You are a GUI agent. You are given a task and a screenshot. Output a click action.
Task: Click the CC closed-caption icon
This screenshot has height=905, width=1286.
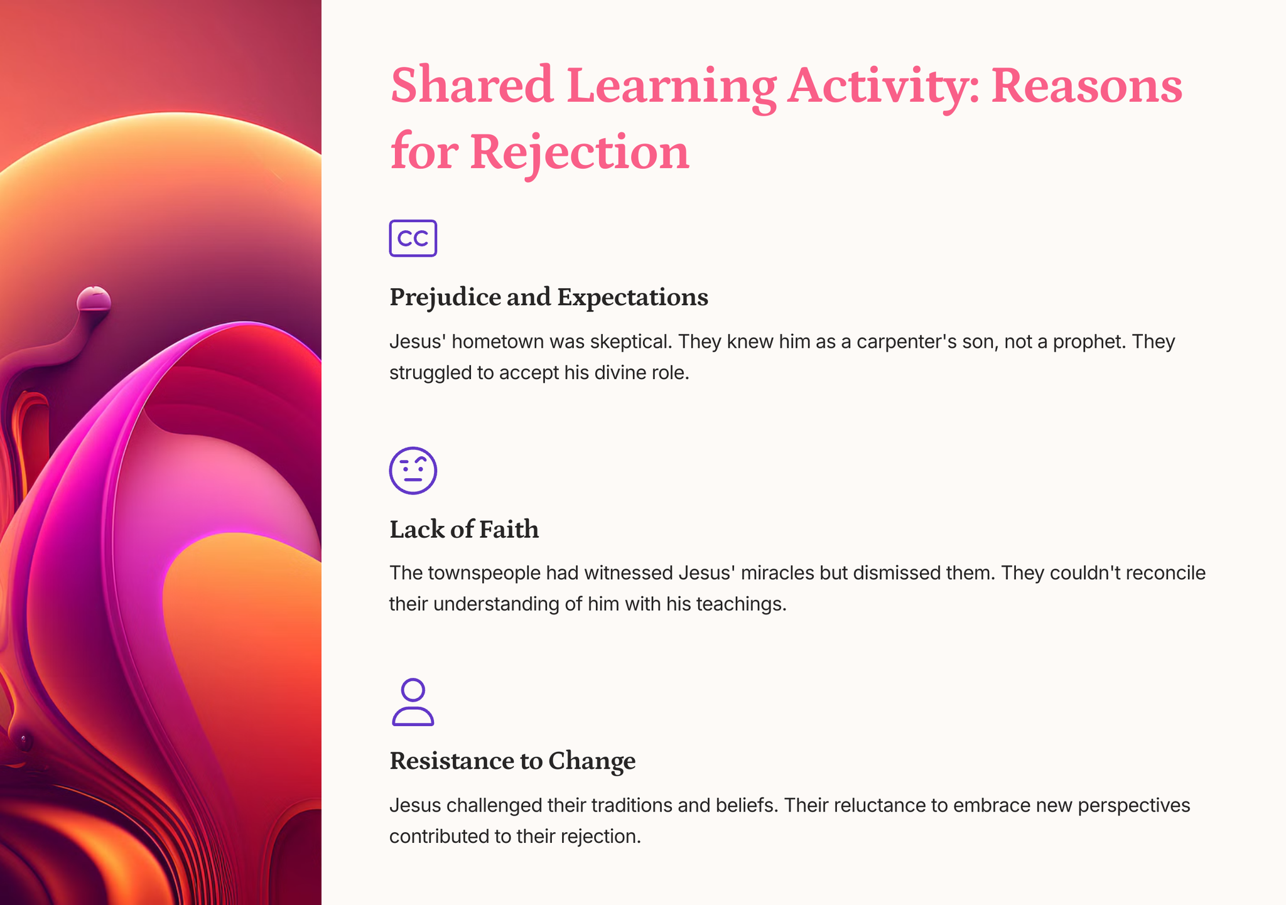413,238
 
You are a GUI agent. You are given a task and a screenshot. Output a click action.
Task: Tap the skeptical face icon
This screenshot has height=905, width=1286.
413,471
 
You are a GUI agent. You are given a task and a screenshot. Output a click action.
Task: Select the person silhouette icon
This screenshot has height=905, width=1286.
413,702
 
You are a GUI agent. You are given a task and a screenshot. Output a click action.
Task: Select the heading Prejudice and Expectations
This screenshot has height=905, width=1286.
549,297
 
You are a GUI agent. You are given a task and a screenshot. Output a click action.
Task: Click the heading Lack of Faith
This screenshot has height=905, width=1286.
464,529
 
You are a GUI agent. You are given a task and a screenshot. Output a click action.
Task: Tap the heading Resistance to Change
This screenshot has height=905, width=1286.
512,761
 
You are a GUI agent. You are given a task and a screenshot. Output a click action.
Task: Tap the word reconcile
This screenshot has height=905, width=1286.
1165,573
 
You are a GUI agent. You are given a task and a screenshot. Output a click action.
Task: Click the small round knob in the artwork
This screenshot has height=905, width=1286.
94,300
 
